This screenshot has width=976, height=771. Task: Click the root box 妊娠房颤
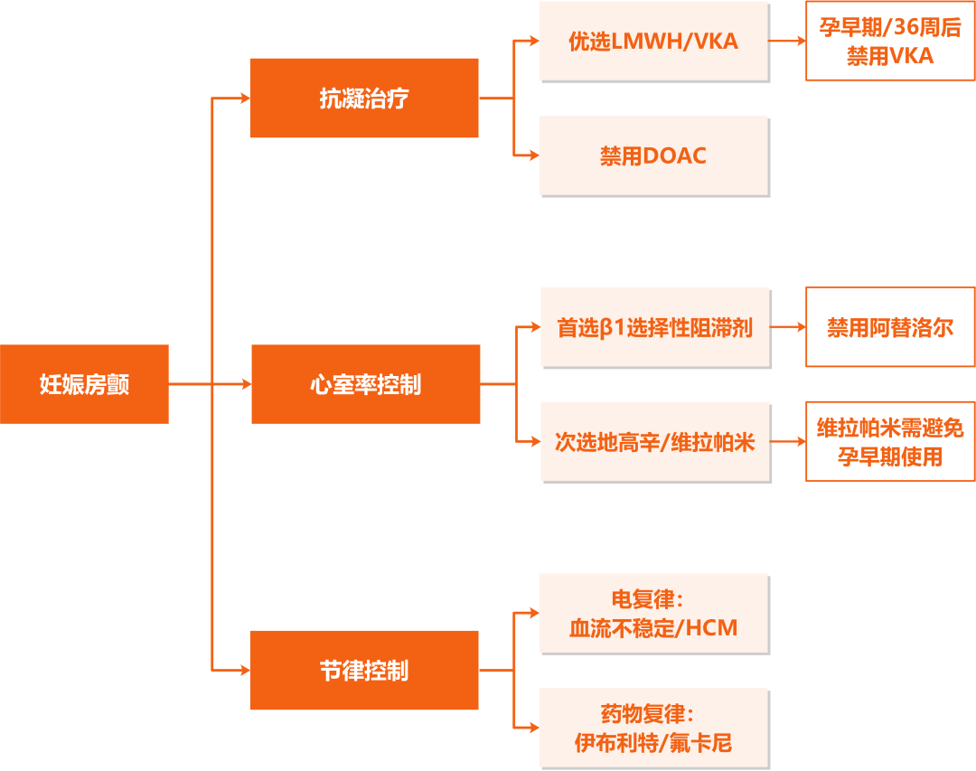84,384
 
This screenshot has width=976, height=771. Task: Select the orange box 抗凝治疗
364,98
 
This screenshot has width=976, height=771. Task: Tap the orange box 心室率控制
365,384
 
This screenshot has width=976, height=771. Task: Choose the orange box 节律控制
364,670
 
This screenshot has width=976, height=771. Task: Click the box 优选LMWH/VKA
654,42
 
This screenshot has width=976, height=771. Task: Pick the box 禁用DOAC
654,155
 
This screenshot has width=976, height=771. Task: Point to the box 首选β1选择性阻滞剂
656,327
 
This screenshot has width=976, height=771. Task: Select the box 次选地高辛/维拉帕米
656,442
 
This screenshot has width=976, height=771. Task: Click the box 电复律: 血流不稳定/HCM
654,614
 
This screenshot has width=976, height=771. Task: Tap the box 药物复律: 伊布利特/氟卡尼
654,729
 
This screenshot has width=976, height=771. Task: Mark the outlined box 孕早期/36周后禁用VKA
890,42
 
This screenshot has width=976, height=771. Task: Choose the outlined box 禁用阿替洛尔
890,326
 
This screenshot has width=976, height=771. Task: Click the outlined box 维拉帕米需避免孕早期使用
890,442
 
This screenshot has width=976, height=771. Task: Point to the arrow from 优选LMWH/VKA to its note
787,42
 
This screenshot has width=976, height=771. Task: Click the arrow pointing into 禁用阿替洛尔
789,327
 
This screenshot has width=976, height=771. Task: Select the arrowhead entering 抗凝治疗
244,98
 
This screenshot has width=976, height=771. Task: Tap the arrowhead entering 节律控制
244,670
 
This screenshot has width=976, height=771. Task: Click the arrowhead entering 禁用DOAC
534,155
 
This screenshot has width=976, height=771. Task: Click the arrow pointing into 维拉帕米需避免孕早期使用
789,442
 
